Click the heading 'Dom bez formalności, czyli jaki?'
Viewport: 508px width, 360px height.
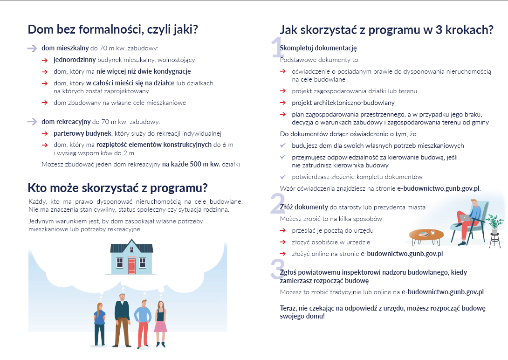[113, 29]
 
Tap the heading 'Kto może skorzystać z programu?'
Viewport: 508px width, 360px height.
[117, 188]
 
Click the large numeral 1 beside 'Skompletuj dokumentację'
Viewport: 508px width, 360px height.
[277, 48]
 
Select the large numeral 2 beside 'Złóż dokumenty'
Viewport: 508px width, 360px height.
[276, 204]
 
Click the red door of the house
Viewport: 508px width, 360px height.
[131, 266]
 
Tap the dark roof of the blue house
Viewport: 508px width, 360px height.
[131, 247]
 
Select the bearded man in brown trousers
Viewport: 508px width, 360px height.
[122, 320]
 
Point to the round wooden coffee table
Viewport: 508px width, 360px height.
[426, 235]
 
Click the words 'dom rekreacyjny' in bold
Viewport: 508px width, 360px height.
[66, 122]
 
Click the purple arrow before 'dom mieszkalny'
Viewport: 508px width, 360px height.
[32, 48]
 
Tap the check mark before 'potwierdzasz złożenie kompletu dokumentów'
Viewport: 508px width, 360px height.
[282, 177]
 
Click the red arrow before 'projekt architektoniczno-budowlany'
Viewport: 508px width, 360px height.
[283, 103]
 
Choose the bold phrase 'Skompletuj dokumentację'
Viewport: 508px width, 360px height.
[318, 48]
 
